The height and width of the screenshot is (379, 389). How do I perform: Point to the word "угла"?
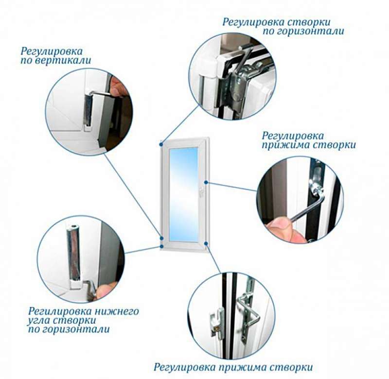pos(39,321)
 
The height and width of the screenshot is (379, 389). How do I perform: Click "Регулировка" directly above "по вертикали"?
pos(52,52)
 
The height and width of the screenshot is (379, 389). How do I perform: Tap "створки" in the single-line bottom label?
pos(291,367)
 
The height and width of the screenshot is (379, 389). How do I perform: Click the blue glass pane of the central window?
pos(184,194)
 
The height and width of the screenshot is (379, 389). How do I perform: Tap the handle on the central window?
pos(201,192)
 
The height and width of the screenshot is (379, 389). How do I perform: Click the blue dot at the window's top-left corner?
pos(161,143)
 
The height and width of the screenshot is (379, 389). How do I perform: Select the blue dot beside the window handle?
pos(206,182)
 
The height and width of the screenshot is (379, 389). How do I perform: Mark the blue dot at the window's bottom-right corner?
pos(206,243)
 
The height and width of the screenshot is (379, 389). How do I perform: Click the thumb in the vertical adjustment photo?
pos(118,86)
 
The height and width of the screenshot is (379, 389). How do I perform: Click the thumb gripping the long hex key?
pos(279,224)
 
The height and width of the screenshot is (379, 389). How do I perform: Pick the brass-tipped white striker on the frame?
pos(216,322)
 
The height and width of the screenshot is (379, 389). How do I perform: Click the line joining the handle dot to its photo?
pos(232,187)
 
